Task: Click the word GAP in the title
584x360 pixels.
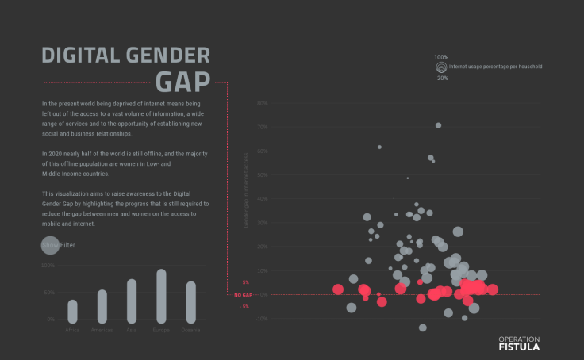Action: [x=182, y=82]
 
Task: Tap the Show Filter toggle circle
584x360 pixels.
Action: [x=49, y=245]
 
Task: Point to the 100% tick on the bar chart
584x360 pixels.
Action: [x=48, y=266]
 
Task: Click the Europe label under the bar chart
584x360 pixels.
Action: [x=161, y=329]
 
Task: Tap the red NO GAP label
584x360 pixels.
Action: [x=243, y=294]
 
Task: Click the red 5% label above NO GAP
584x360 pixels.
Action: [x=245, y=282]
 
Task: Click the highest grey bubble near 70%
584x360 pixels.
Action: [x=438, y=125]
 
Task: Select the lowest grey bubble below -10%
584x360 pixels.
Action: [x=423, y=327]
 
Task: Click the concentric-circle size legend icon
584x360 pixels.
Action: [x=440, y=68]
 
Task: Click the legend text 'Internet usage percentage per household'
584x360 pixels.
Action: [x=495, y=67]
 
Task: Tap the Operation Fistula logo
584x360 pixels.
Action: [x=518, y=343]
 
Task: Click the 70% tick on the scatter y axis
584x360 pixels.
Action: [x=262, y=127]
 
